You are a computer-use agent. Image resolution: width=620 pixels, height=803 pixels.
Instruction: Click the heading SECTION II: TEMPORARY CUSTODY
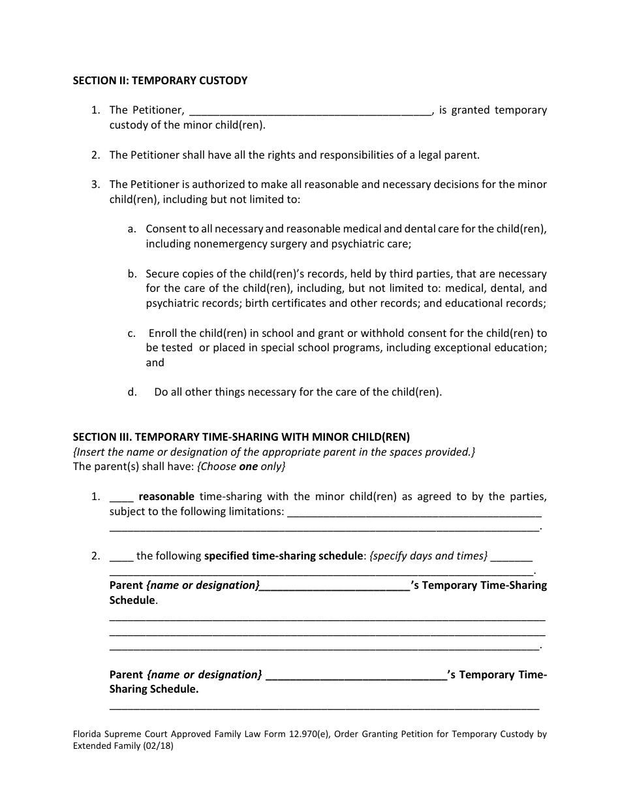pyautogui.click(x=160, y=81)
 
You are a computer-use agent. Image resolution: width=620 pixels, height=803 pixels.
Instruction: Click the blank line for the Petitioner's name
pyautogui.click(x=310, y=111)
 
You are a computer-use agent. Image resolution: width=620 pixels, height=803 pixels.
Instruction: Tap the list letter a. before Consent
pyautogui.click(x=132, y=229)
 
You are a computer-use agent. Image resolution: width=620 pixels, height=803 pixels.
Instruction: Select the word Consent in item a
pyautogui.click(x=166, y=229)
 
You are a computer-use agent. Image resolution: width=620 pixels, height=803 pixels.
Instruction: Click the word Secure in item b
pyautogui.click(x=163, y=274)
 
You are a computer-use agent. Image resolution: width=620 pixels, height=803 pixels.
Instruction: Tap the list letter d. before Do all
pyautogui.click(x=132, y=392)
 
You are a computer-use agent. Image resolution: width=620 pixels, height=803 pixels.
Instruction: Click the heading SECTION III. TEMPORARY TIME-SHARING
pyautogui.click(x=241, y=437)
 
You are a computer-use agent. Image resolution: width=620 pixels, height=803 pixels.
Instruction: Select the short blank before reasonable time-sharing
pyautogui.click(x=121, y=498)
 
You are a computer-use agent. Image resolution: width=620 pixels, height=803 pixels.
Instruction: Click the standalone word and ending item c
pyautogui.click(x=155, y=363)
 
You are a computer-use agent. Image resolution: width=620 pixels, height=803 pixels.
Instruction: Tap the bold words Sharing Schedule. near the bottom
pyautogui.click(x=154, y=689)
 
